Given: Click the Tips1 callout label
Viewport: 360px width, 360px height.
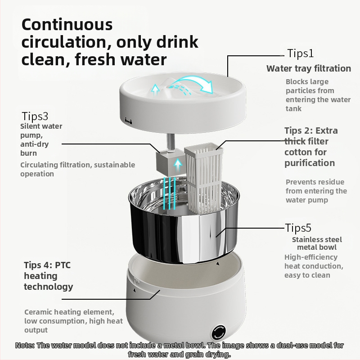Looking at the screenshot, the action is click(x=300, y=53).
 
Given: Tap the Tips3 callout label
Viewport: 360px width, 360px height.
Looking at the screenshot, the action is click(x=35, y=116).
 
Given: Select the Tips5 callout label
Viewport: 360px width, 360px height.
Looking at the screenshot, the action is click(x=298, y=228).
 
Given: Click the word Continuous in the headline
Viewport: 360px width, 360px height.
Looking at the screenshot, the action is click(x=67, y=25).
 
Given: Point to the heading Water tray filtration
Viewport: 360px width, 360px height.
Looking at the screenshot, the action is click(x=309, y=68).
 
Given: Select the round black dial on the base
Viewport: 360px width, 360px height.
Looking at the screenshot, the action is click(x=219, y=332).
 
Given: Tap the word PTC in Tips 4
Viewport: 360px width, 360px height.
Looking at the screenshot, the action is click(x=63, y=265).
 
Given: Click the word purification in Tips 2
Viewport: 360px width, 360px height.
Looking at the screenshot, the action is click(x=310, y=163).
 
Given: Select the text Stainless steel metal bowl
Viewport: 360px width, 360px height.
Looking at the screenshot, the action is click(x=317, y=243).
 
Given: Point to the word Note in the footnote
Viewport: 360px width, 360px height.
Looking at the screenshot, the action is click(x=24, y=345).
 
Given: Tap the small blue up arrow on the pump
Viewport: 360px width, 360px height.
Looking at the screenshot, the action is click(x=178, y=165).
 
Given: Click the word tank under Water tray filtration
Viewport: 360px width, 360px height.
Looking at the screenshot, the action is click(x=293, y=108).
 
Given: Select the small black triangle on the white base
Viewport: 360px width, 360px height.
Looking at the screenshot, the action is click(x=135, y=290).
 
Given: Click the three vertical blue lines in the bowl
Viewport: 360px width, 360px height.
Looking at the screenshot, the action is click(x=170, y=193).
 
